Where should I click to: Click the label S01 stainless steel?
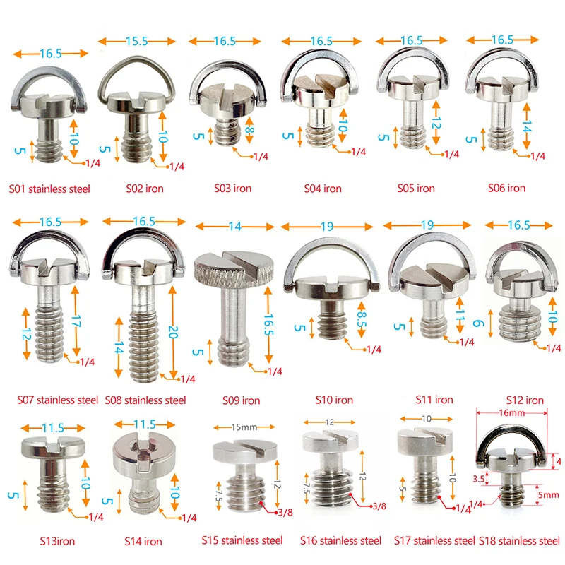click(x=49, y=189)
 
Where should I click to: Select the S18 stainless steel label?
click(x=520, y=541)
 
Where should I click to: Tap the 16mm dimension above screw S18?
click(x=513, y=411)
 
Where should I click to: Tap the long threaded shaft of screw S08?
click(x=146, y=332)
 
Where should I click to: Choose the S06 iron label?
click(x=506, y=189)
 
